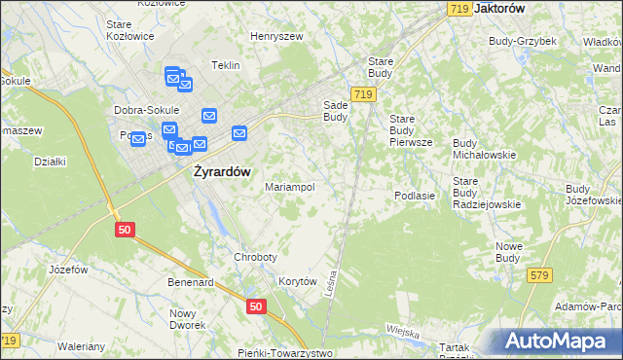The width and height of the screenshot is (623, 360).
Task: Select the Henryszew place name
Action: (276, 36)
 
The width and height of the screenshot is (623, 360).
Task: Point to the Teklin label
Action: (225, 65)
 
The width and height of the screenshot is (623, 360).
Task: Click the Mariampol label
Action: (290, 187)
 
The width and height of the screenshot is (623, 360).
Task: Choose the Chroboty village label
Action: (256, 257)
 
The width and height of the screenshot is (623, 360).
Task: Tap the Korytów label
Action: (299, 280)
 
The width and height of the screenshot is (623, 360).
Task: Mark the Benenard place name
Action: (190, 282)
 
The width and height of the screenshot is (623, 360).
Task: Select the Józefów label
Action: (68, 269)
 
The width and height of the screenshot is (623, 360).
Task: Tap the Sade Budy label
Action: (335, 111)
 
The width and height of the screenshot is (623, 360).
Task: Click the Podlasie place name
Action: (414, 196)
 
